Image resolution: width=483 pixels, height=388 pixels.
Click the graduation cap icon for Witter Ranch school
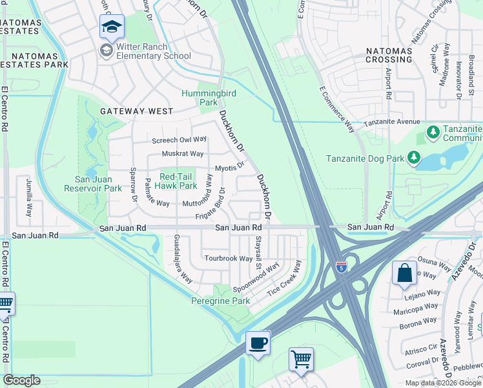[x=112, y=27]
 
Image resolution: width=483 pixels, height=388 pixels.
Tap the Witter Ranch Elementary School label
[x=153, y=52]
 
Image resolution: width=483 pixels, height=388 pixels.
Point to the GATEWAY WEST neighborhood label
[x=136, y=111]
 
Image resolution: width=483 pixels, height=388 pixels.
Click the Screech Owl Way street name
[x=179, y=140]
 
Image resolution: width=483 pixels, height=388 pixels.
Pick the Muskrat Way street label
[x=182, y=154]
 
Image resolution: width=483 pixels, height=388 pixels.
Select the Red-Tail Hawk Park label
[x=169, y=181]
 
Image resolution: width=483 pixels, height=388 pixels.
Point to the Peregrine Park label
[x=220, y=301]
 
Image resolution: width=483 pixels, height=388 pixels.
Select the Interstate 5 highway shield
[x=340, y=266]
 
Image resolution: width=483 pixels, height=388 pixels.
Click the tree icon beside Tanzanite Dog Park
[x=413, y=157]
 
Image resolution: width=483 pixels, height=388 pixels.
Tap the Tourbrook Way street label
[x=229, y=259]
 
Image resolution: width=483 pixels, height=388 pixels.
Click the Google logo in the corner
[x=21, y=380]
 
